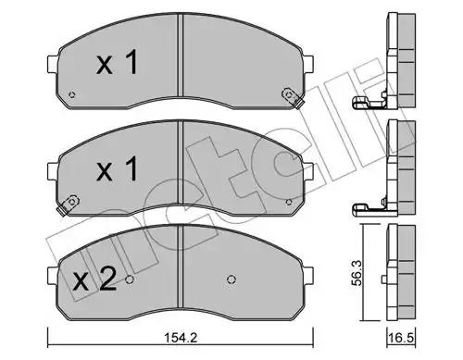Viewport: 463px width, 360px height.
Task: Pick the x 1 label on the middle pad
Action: coord(118,170)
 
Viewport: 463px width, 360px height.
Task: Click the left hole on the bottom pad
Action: coord(130,279)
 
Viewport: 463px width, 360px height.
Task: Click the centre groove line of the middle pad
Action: coord(178,174)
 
